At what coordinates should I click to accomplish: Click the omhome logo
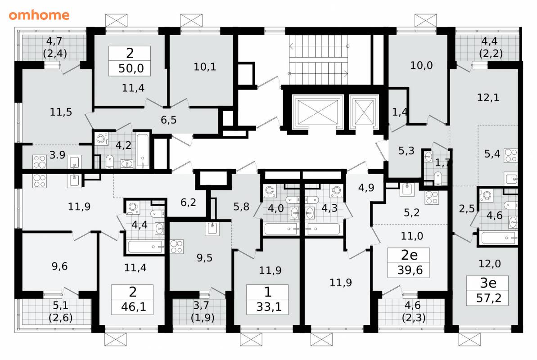tap(39, 15)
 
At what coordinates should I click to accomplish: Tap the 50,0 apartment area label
tap(131, 68)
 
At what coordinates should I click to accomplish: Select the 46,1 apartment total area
tap(134, 306)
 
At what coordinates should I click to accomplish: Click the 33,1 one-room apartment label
tap(269, 306)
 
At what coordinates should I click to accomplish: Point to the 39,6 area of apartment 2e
tap(410, 270)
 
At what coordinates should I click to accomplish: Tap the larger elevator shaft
tap(318, 112)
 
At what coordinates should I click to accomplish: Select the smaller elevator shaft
tap(364, 112)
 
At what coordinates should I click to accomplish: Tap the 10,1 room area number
tap(205, 67)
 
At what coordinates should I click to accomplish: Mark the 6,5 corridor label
tap(168, 120)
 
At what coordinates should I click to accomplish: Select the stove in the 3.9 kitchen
tap(39, 162)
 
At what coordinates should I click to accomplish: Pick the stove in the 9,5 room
tap(176, 247)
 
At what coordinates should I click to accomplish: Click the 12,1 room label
tap(488, 98)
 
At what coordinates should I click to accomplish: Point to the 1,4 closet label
tap(400, 112)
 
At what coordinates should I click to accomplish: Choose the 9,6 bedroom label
tap(59, 266)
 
